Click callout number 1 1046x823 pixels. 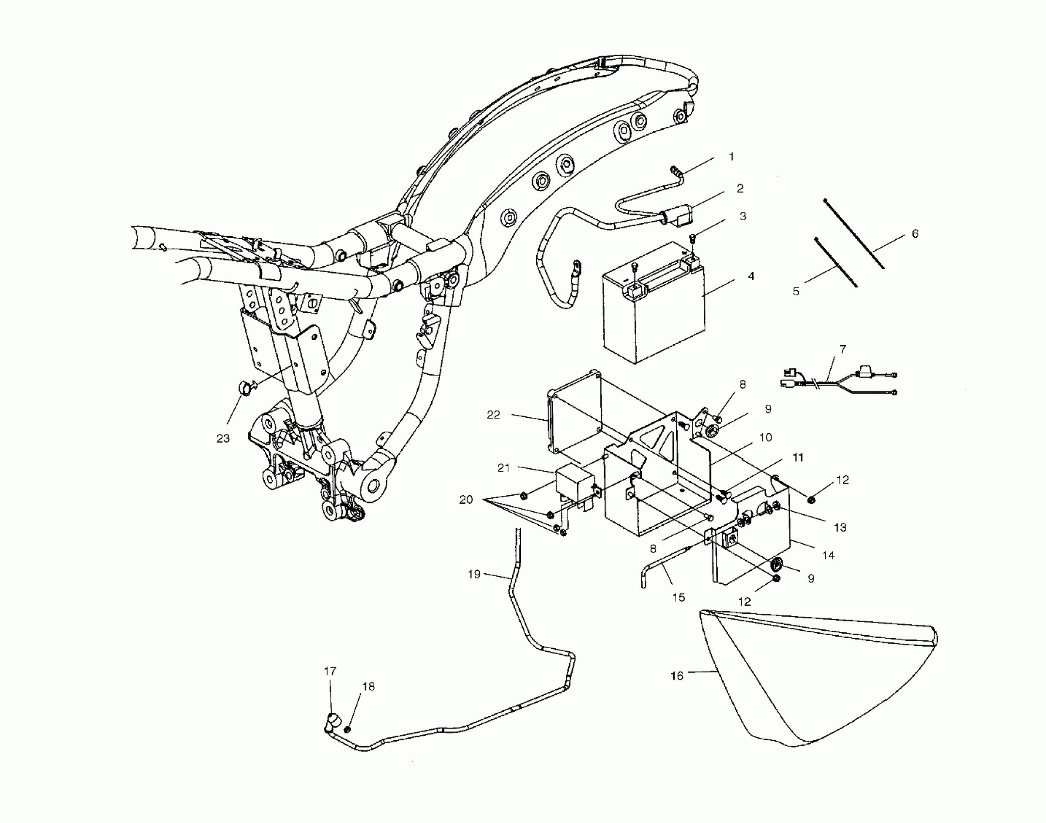[731, 156]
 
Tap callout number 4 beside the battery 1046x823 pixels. [751, 276]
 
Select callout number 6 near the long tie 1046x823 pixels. [915, 233]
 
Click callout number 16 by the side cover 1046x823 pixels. [677, 675]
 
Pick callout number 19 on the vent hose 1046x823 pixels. [474, 574]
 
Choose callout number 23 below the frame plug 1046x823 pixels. [223, 438]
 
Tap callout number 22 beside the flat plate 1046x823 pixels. [493, 415]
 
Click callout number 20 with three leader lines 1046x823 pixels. [466, 499]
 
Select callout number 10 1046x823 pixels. [765, 437]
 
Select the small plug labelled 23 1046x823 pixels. [247, 388]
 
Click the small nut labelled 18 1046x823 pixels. [348, 729]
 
